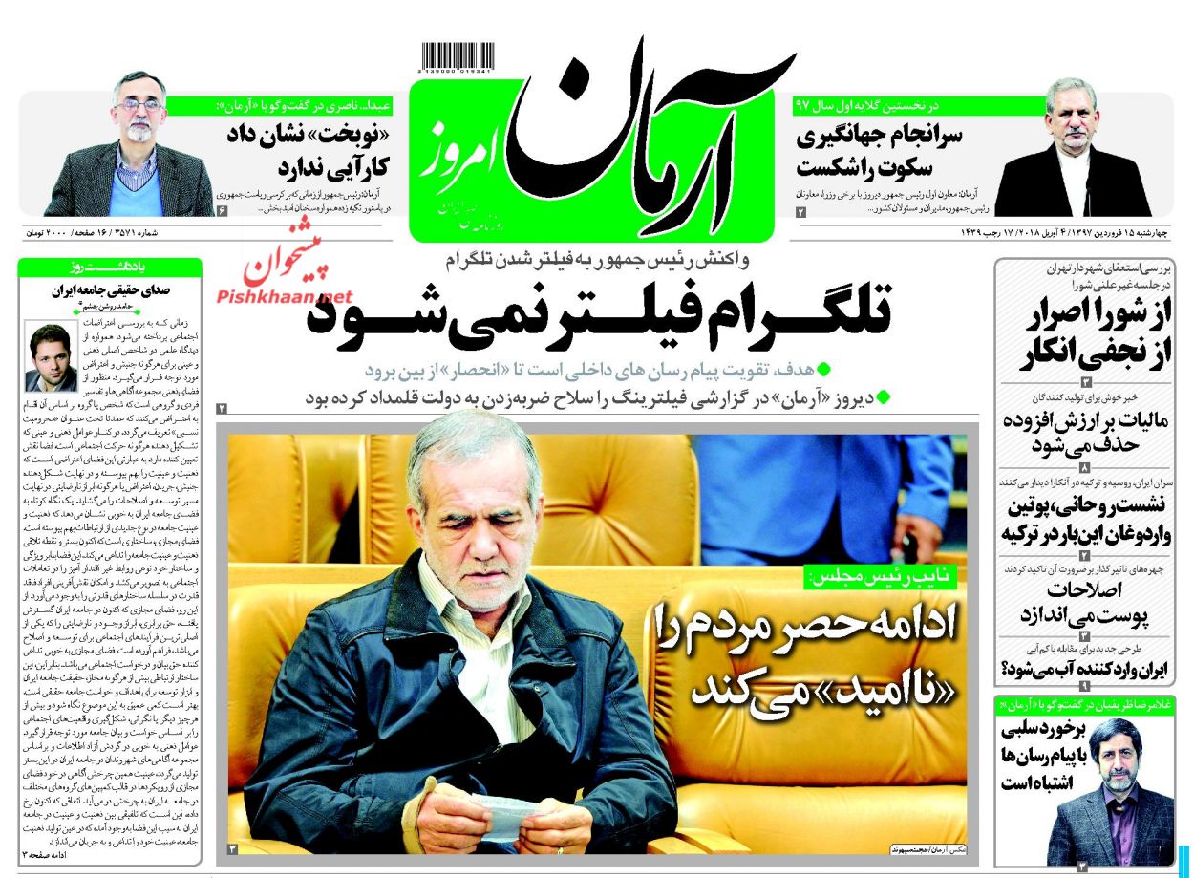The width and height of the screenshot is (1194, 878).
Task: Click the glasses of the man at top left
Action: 139,105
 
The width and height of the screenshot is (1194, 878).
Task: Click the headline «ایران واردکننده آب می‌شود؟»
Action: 1084,670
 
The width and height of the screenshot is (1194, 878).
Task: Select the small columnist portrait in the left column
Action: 51,358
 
